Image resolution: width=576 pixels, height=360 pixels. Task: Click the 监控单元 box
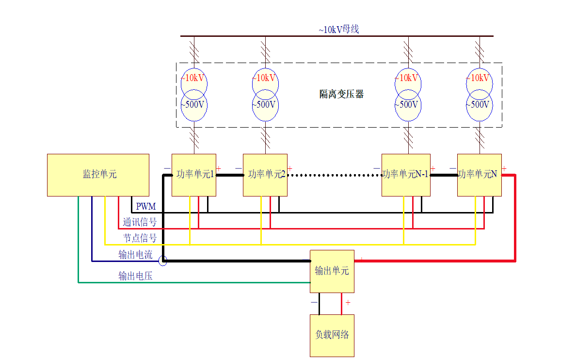click(98, 175)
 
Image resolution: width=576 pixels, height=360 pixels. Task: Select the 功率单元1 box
click(194, 175)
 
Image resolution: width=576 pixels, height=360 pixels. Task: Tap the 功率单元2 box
click(265, 175)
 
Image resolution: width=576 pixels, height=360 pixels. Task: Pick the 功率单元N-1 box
click(405, 175)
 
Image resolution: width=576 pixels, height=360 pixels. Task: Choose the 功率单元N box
click(479, 175)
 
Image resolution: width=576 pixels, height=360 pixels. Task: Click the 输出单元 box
click(332, 271)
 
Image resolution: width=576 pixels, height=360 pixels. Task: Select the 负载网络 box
click(332, 335)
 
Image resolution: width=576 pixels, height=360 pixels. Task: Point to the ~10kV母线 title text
click(338, 30)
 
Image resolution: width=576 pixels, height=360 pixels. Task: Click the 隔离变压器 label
click(341, 94)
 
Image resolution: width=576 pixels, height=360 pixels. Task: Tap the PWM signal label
click(146, 207)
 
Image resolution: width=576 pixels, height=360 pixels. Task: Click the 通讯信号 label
click(140, 222)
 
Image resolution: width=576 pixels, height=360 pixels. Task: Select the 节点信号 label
click(140, 238)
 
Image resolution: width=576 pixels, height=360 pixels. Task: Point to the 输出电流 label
click(135, 255)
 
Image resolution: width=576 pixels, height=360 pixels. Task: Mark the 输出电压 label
click(135, 276)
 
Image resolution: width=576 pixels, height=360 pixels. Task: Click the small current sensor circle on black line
click(163, 261)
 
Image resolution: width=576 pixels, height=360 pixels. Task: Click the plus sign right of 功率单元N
click(504, 168)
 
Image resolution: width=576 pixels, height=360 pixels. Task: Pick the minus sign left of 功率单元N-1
click(377, 168)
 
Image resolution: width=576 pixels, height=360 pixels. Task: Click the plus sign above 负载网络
click(348, 302)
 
